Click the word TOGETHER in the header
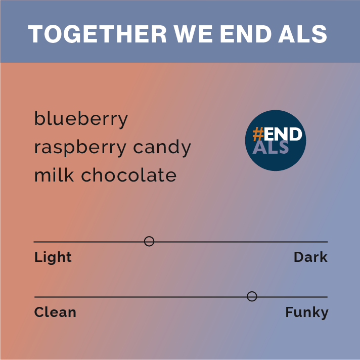coord(98,34)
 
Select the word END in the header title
coord(246,34)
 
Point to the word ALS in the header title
coord(302,34)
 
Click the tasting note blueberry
coord(81,119)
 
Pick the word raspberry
coord(80,148)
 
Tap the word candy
coord(162,148)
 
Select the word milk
coord(54,174)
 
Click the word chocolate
coord(129,174)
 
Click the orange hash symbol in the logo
coord(258,134)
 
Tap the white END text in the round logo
coord(283,134)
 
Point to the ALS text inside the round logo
coord(271,147)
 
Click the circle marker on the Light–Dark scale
coord(149,241)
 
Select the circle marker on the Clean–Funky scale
coord(252,296)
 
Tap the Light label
coord(53,257)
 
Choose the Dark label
coord(310,257)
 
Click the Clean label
coord(55,312)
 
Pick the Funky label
coord(307,312)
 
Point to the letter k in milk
coord(70,174)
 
